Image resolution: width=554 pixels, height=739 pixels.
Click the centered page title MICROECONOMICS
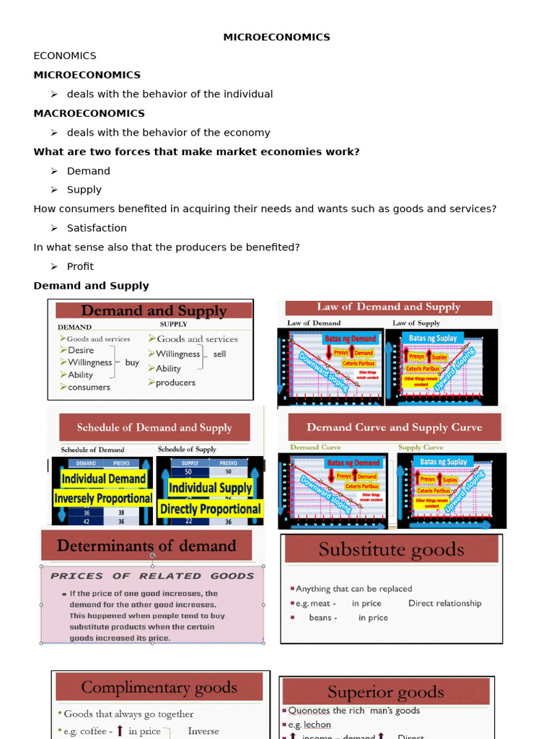(276, 37)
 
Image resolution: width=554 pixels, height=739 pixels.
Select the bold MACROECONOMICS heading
(89, 113)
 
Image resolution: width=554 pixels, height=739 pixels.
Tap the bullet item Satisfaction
(97, 228)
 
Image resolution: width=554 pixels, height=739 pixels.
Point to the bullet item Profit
(80, 266)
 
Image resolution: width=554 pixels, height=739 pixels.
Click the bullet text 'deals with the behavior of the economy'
(168, 133)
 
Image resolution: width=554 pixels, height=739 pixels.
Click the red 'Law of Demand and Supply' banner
(388, 307)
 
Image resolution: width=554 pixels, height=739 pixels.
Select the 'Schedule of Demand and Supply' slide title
(154, 427)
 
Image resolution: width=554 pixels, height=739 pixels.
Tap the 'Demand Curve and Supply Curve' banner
(394, 427)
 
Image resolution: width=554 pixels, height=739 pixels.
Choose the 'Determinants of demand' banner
(146, 546)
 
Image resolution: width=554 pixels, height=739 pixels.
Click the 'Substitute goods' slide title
(391, 550)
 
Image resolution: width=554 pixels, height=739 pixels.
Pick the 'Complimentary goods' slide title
(159, 687)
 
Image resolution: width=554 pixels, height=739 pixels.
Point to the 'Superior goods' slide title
(385, 692)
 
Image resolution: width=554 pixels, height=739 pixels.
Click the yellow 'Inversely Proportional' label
(103, 498)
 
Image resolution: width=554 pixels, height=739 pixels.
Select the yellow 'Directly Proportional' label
(210, 509)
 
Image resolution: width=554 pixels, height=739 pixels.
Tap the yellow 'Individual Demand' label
(104, 478)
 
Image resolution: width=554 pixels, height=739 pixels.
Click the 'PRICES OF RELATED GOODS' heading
(152, 576)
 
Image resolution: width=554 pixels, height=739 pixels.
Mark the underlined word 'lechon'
(317, 725)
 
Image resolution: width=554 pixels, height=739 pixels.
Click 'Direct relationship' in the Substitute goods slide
(444, 603)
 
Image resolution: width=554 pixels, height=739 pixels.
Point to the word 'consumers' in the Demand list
(89, 388)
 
